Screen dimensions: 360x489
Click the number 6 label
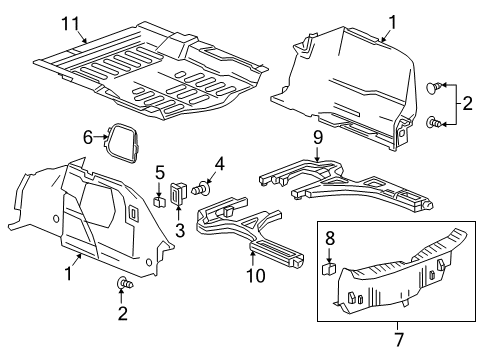pyautogui.click(x=88, y=136)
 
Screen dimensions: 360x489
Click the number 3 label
pyautogui.click(x=181, y=228)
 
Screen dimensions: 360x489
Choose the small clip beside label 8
pyautogui.click(x=327, y=268)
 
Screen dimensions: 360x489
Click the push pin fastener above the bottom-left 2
pyautogui.click(x=123, y=286)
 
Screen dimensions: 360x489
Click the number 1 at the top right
pyautogui.click(x=392, y=21)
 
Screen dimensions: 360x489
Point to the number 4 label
pyautogui.click(x=219, y=163)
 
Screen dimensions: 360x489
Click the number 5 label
pyautogui.click(x=159, y=173)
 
